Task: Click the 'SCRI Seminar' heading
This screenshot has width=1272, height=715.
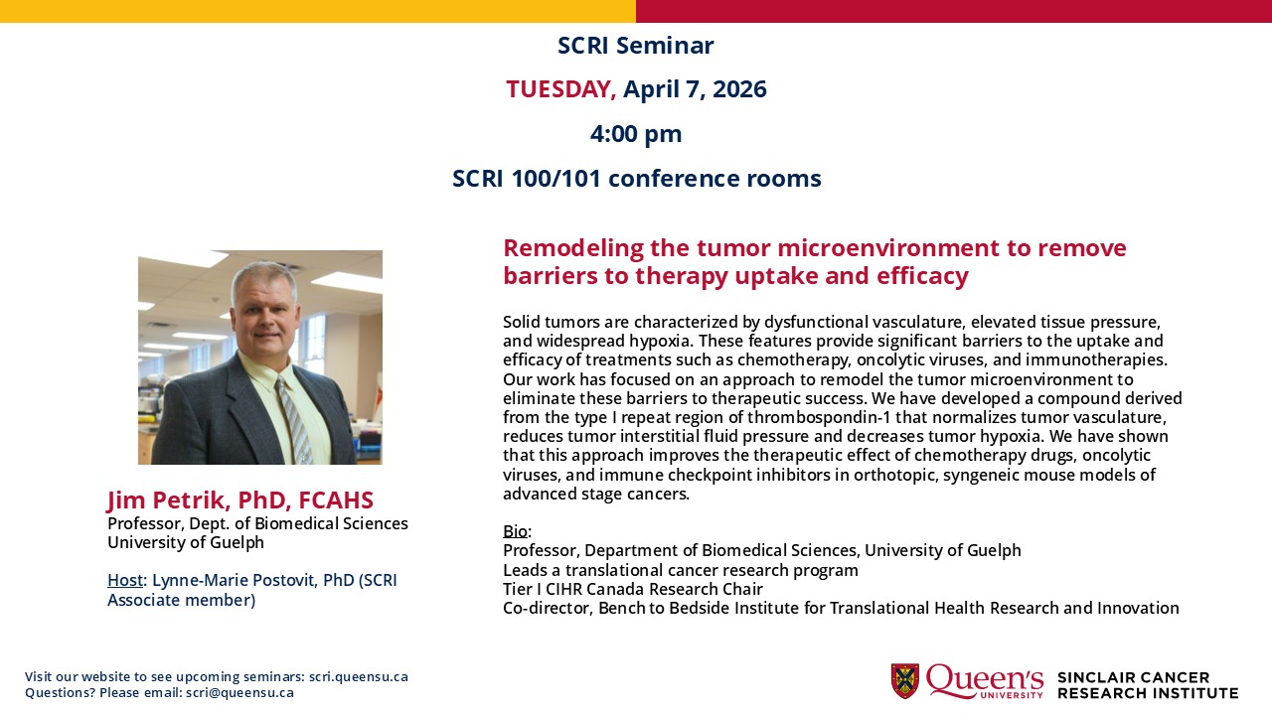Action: [635, 46]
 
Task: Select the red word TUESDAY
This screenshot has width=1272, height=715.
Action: [559, 89]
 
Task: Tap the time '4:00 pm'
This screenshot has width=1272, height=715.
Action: [636, 134]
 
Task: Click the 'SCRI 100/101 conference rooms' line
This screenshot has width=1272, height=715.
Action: [636, 179]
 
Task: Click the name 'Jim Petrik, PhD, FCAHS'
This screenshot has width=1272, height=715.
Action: [240, 500]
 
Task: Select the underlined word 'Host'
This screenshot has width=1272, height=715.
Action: [125, 580]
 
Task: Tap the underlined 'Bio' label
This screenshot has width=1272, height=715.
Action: [515, 531]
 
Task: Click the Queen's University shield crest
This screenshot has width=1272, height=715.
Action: [904, 681]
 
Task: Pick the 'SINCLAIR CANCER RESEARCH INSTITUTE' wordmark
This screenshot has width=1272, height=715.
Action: [1147, 685]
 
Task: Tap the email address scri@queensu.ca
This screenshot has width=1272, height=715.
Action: [239, 693]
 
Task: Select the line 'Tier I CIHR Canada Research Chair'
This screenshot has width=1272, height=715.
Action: [632, 589]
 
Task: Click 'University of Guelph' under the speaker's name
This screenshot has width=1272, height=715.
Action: [186, 542]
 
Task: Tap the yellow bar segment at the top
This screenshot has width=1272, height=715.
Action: [318, 11]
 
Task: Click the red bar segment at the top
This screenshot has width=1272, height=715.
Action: [954, 11]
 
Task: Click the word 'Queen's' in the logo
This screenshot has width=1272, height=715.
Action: [984, 680]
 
